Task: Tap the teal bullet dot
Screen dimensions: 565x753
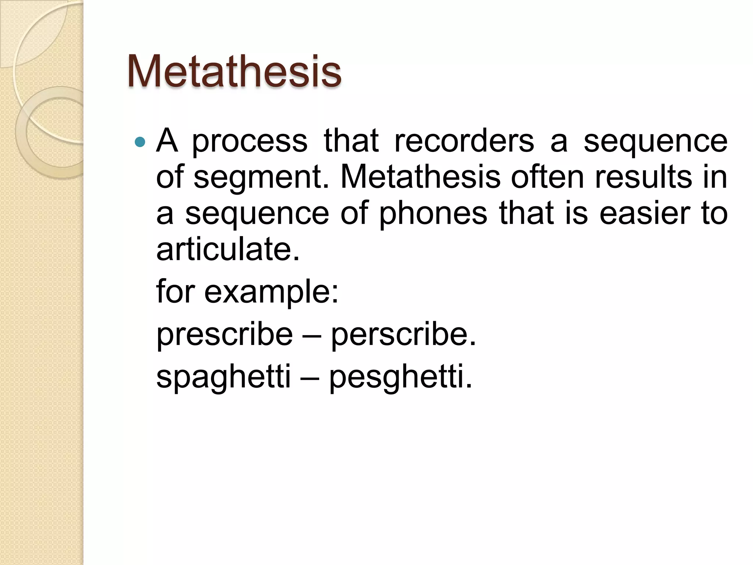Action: coord(140,142)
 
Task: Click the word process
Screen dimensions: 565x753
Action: coord(250,142)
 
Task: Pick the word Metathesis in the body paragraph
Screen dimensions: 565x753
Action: coord(420,177)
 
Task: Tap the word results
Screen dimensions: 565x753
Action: coord(643,177)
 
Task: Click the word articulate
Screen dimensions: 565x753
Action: coord(228,249)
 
